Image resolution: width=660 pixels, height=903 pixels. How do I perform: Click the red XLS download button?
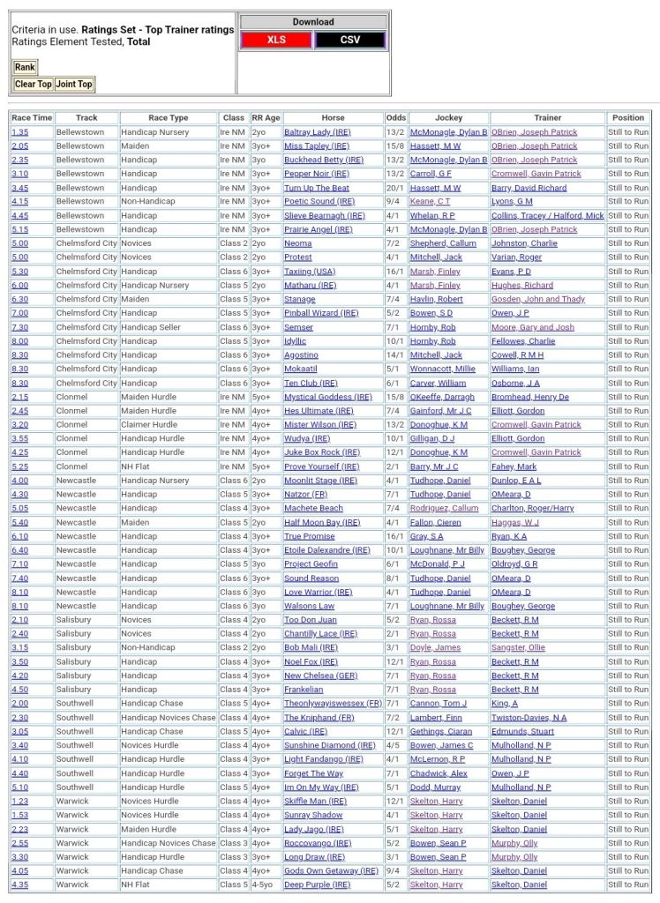(x=277, y=40)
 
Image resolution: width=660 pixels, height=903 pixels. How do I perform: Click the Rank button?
(x=25, y=67)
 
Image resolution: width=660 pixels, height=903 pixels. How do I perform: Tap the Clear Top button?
(x=33, y=85)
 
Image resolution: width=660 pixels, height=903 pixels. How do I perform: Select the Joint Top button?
(x=74, y=85)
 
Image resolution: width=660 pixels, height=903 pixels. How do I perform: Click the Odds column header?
(x=396, y=117)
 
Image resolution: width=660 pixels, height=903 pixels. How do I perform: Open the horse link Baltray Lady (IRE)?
(x=317, y=132)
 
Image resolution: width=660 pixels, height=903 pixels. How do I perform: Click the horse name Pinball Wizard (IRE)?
(x=321, y=313)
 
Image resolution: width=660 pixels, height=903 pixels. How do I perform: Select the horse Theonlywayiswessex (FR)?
(x=333, y=704)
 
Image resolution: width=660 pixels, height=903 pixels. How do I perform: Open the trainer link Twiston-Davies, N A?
(x=529, y=718)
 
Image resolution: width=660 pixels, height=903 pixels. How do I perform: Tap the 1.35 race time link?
(x=19, y=132)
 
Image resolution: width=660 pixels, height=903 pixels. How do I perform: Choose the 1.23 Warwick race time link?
(x=19, y=802)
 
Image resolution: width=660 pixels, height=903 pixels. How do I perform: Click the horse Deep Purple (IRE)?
(x=319, y=884)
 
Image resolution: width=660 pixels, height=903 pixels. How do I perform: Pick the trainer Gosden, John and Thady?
(x=537, y=299)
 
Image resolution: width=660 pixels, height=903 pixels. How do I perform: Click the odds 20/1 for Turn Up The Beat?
(x=394, y=188)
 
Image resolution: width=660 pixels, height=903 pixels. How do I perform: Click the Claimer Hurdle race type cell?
(x=149, y=424)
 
